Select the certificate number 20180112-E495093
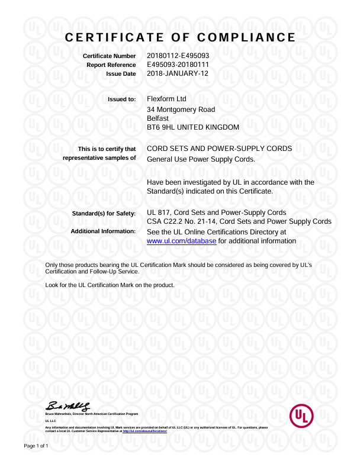178,56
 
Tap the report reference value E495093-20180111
178,65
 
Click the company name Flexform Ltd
166,99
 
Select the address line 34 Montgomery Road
181,109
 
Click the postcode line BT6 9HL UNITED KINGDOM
192,127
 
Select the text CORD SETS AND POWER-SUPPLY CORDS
219,149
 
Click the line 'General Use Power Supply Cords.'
201,159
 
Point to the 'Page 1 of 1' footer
36,445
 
